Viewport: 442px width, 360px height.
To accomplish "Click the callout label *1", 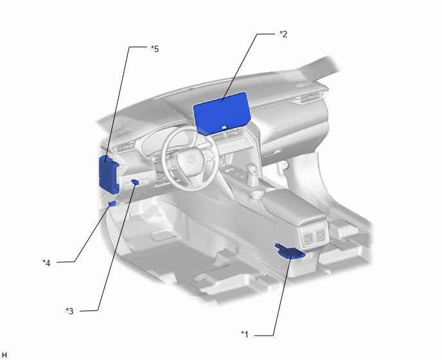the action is (x=245, y=334).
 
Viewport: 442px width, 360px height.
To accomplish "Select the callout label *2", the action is (x=283, y=34).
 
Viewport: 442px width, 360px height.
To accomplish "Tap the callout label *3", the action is (x=69, y=311).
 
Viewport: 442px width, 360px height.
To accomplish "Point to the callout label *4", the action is (x=46, y=263).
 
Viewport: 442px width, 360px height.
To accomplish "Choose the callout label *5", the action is (x=155, y=49).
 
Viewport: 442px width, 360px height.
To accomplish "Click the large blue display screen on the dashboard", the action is (x=222, y=113).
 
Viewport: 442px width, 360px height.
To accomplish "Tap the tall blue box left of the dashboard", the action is (x=109, y=175).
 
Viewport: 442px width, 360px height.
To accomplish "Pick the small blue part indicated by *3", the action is (x=135, y=182).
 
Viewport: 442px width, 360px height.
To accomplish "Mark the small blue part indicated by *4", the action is (x=112, y=203).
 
